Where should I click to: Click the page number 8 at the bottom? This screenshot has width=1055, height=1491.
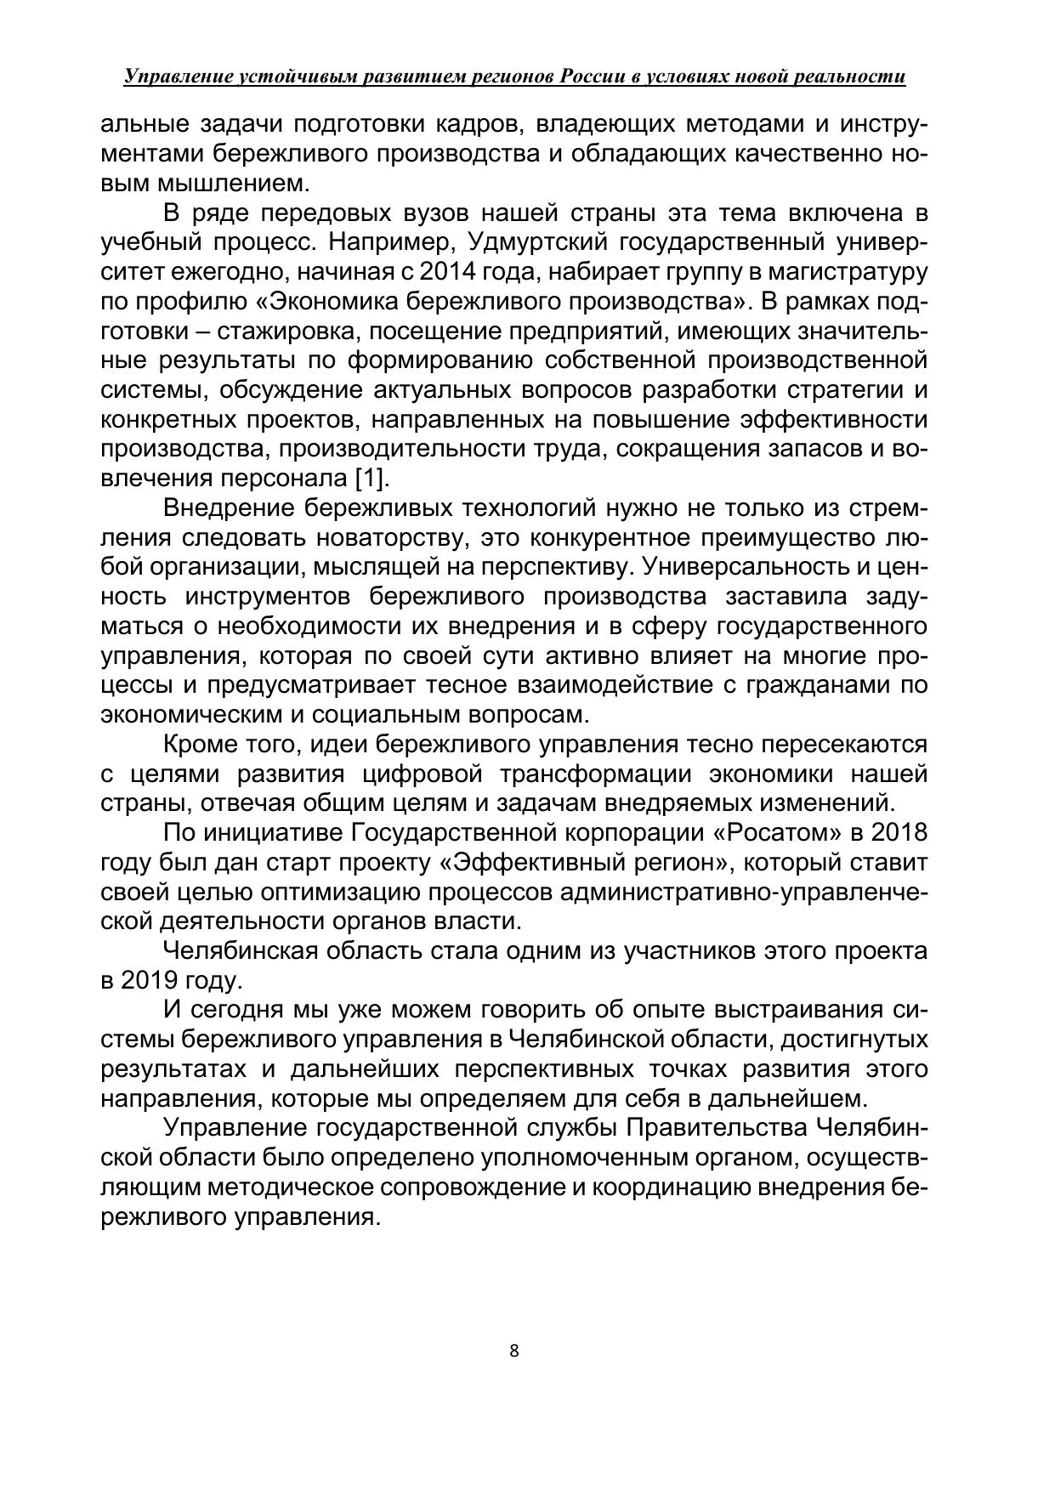513,1351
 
